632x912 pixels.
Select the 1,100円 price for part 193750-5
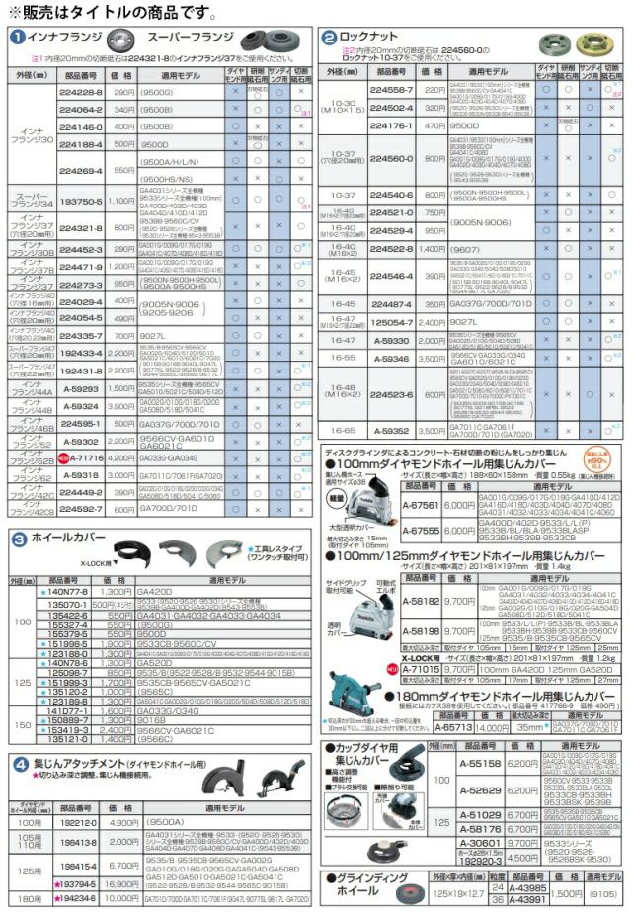[x=121, y=201]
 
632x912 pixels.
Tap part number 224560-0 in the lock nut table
[x=392, y=159]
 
